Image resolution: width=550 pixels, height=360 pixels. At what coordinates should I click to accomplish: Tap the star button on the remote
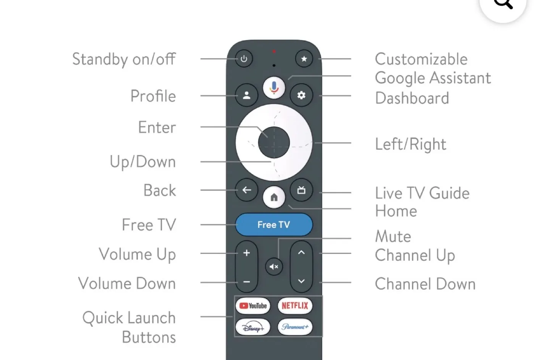coord(304,59)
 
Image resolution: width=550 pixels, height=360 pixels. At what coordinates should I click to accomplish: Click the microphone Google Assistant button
coord(274,87)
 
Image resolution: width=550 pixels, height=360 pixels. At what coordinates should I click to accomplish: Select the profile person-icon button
coord(246,95)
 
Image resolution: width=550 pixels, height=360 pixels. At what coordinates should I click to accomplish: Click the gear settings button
coord(301,95)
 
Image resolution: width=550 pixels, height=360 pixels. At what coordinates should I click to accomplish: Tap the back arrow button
coord(246,190)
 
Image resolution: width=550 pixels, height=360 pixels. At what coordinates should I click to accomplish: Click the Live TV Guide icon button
coord(301,190)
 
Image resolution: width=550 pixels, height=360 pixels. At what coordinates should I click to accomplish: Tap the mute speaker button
coord(274,266)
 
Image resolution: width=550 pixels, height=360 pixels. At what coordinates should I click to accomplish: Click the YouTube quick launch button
coord(253,306)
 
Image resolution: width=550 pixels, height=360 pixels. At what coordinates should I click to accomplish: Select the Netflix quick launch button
coord(295,306)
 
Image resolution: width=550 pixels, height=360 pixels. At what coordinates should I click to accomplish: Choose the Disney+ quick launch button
coord(253,327)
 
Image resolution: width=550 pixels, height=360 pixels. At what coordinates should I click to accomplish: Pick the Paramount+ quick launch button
coord(295,327)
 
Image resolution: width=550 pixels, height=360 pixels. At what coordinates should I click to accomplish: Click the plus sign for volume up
coord(246,253)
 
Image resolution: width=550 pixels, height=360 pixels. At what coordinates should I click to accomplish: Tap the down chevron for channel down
coord(301,281)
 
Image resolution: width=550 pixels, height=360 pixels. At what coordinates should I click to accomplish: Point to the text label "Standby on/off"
coord(124,59)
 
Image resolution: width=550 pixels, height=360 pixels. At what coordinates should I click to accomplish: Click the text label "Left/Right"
coord(411,144)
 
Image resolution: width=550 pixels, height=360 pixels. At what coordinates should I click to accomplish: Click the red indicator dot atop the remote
coord(274,51)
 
